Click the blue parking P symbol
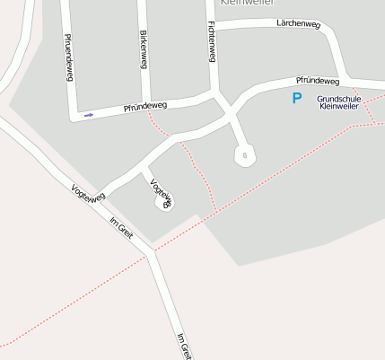tap(296, 99)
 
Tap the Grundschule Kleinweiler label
tap(339, 102)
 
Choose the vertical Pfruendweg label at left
tap(68, 58)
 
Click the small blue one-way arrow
tap(89, 115)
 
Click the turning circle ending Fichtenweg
tap(243, 156)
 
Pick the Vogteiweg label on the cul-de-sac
tap(162, 194)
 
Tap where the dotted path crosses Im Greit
tap(152, 252)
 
